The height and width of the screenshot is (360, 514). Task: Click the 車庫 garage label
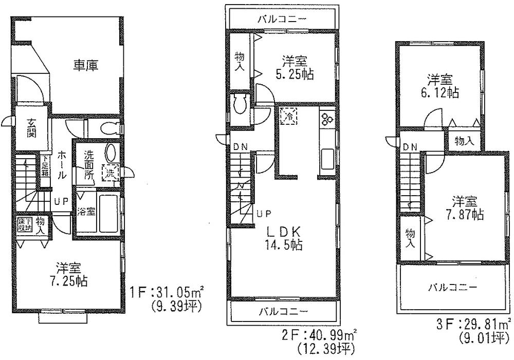tap(85, 65)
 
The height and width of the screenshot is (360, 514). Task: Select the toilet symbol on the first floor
tap(108, 127)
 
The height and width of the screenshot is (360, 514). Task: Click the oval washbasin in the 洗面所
tap(111, 153)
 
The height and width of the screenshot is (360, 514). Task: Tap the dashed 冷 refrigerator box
tap(288, 116)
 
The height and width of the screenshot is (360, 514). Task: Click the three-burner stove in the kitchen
tap(326, 119)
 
